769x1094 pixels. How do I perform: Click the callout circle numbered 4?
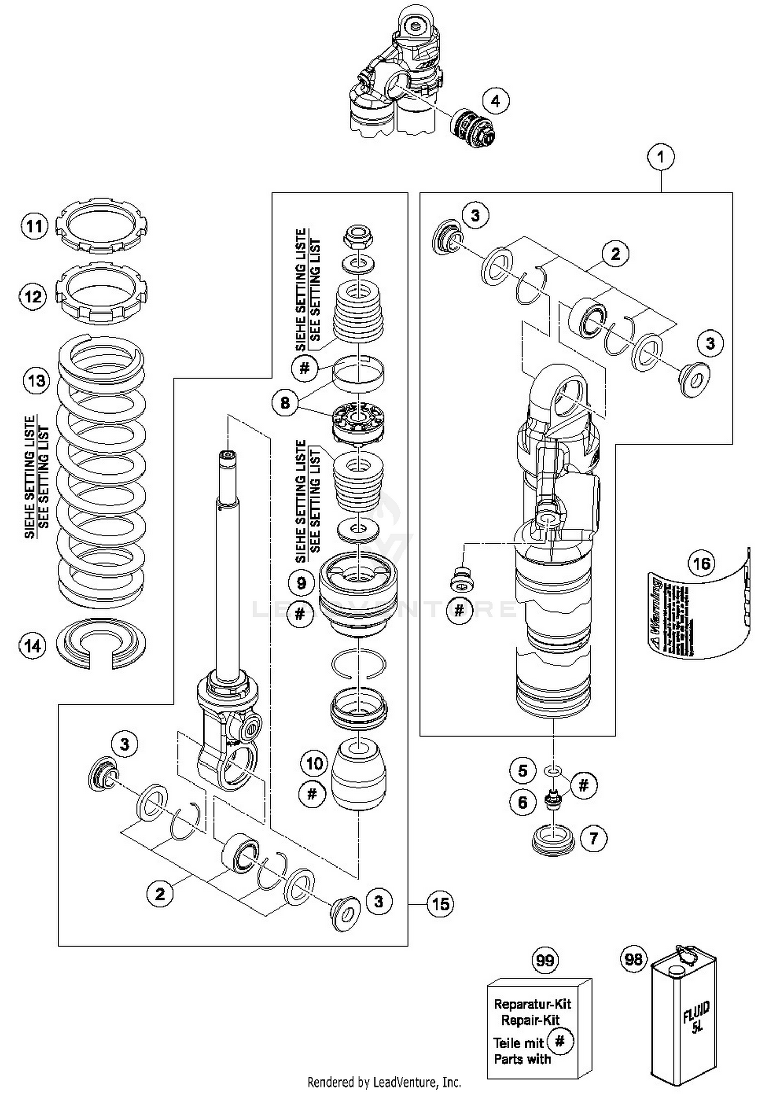coord(495,101)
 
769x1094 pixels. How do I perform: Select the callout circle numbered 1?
coord(660,157)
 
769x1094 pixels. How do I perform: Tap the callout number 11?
coord(34,226)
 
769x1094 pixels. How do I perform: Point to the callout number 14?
coord(33,646)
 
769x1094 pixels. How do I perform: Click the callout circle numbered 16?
coord(701,564)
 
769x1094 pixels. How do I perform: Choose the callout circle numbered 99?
coord(545,960)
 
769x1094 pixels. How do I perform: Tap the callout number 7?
coord(594,838)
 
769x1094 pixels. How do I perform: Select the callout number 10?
coord(314,763)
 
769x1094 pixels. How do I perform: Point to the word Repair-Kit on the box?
coord(530,1020)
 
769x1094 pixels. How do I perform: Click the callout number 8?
coord(285,403)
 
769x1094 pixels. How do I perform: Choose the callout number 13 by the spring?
coord(36,381)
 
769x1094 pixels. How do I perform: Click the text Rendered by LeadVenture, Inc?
coord(384,1082)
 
